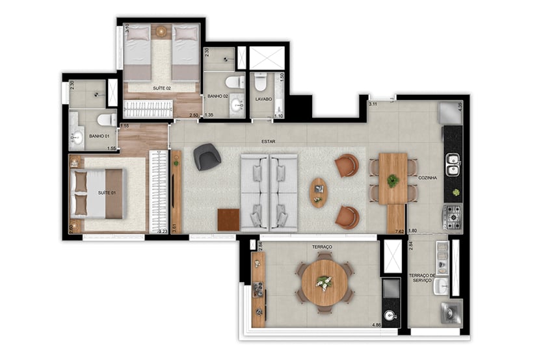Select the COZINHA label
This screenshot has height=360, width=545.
click(x=427, y=177)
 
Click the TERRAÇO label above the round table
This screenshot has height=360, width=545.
click(x=322, y=248)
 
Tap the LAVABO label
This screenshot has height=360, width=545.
click(x=263, y=99)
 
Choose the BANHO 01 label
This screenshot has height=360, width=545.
click(x=99, y=136)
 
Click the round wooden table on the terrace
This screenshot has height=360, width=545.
click(x=324, y=283)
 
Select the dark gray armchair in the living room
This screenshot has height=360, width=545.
click(x=207, y=157)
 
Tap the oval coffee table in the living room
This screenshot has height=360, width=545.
click(x=319, y=192)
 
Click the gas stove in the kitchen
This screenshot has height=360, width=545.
click(x=453, y=217)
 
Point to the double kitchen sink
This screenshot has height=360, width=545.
click(x=453, y=164)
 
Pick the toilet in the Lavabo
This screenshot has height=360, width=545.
click(x=261, y=83)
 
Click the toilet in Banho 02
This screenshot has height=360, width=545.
click(x=233, y=83)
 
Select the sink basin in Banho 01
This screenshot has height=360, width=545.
click(x=77, y=138)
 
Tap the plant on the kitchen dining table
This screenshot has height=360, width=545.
click(x=393, y=181)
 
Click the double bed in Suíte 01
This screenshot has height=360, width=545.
click(x=98, y=193)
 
